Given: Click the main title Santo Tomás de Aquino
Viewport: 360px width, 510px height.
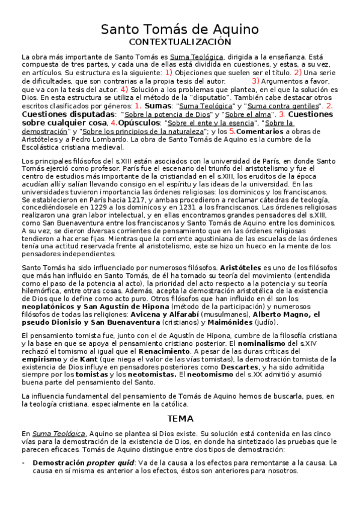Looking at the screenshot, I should point(180,29).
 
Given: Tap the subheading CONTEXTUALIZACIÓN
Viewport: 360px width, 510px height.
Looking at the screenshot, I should point(180,42).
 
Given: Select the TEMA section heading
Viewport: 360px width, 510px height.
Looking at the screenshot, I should point(180,417).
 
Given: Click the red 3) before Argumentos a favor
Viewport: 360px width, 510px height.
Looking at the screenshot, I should point(255,81).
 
